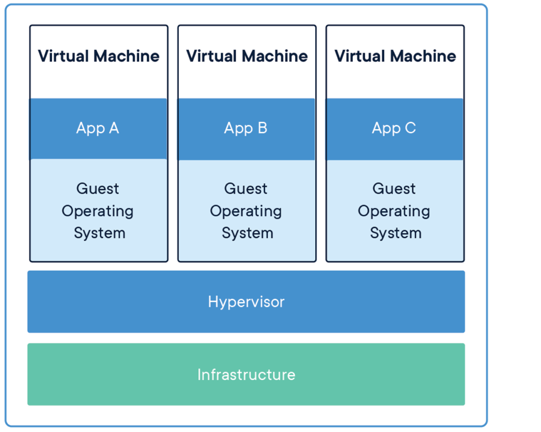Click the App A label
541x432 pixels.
(98, 129)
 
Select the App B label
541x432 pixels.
(246, 129)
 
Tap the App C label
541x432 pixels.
(394, 129)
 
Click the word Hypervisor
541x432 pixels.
(246, 302)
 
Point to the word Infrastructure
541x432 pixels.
(246, 375)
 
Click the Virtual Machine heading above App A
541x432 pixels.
(98, 56)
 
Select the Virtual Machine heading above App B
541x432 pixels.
(247, 56)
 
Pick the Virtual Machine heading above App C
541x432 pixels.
(395, 56)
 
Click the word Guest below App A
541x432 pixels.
(98, 189)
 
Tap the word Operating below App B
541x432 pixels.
(246, 211)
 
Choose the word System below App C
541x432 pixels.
(395, 233)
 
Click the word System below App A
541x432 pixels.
(99, 233)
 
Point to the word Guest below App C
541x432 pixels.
(394, 189)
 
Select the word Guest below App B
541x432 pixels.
(246, 189)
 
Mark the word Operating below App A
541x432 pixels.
(98, 211)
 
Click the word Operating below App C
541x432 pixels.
(394, 211)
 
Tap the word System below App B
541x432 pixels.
(247, 233)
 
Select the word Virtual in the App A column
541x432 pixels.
(63, 56)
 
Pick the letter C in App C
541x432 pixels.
(410, 129)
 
